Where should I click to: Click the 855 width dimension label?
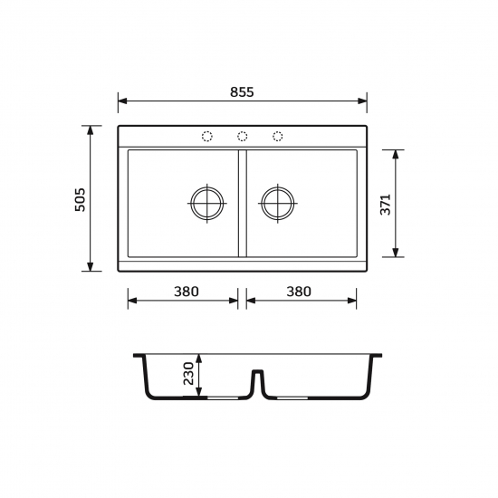coord(242,91)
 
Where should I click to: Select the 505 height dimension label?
coord(80,200)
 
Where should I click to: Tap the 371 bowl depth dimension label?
coord(385,205)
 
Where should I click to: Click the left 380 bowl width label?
coord(187,292)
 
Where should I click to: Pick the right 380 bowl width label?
coord(299,292)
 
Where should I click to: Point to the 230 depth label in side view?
coord(188,373)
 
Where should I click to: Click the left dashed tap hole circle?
coord(207,136)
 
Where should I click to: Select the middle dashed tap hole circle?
coord(243,136)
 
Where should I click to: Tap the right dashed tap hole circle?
coord(278,136)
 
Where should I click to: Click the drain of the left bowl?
coord(207,203)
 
